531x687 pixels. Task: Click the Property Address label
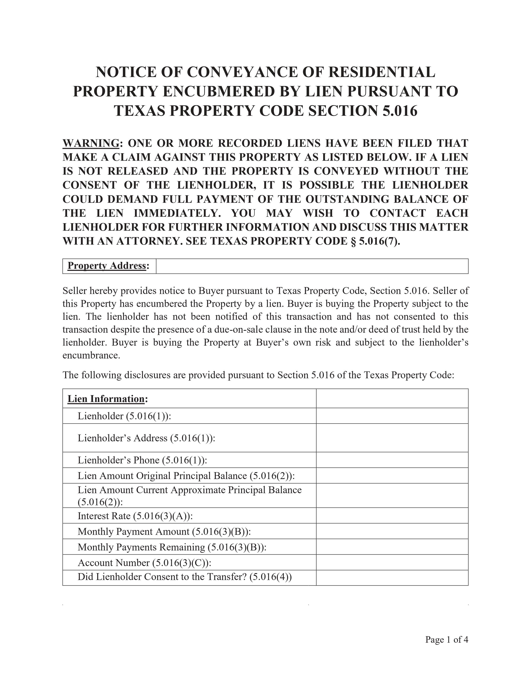(107, 266)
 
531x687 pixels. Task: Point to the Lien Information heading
(106, 399)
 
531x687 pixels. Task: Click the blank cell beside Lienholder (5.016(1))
(392, 416)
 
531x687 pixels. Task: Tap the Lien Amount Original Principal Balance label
(186, 476)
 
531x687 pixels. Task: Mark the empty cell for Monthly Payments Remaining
(392, 547)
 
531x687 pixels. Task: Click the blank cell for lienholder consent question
(392, 578)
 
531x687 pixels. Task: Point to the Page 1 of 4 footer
(446, 640)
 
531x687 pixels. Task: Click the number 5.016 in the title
(400, 111)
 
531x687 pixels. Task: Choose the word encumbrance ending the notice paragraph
(91, 355)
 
